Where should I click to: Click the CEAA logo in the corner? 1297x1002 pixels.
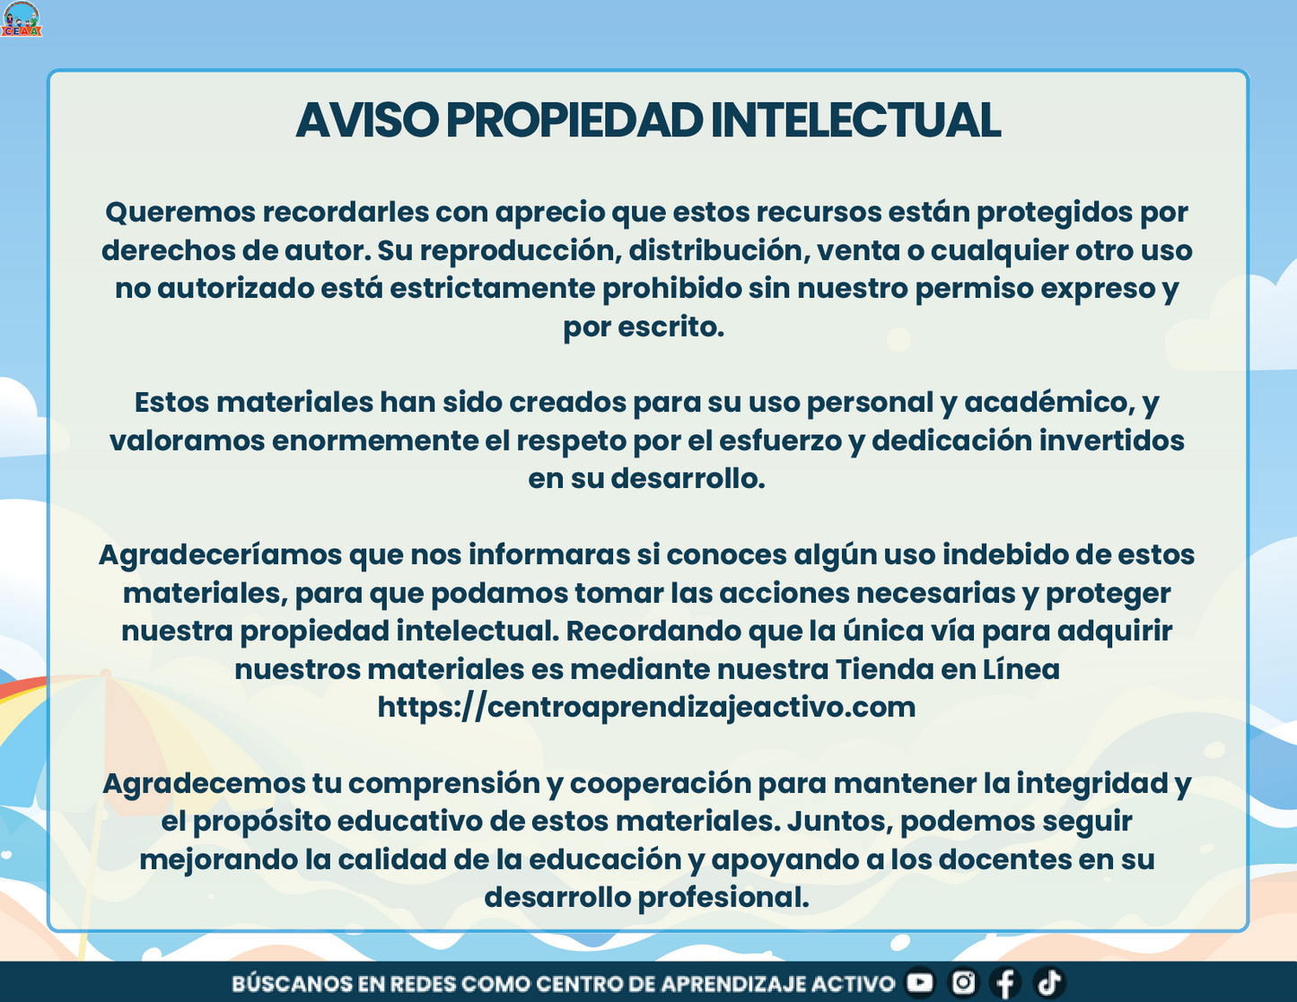22,19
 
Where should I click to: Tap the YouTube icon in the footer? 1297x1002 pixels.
920,982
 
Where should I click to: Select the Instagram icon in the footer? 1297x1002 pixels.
963,982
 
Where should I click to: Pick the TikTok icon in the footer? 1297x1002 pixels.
1049,982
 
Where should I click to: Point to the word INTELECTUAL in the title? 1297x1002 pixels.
856,120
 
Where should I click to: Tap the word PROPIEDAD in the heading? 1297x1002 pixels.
574,120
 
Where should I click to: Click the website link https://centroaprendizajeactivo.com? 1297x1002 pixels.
646,708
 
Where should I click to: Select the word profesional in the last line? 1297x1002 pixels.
723,898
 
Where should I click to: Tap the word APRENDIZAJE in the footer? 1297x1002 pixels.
733,983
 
